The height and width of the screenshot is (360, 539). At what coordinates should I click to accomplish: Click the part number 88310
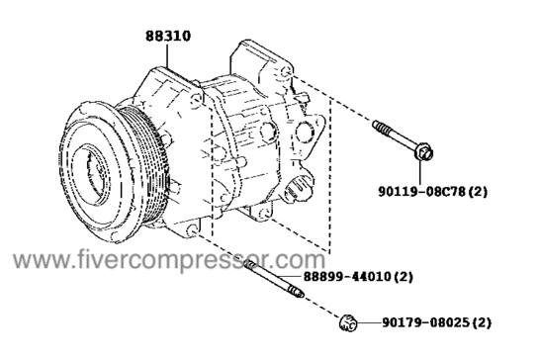click(168, 37)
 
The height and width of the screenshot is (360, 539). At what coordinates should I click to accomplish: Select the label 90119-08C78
click(421, 192)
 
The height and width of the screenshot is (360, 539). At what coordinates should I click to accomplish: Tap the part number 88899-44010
click(346, 277)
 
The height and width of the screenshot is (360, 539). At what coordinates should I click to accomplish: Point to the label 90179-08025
click(425, 322)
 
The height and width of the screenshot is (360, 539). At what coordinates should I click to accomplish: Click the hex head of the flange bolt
click(424, 152)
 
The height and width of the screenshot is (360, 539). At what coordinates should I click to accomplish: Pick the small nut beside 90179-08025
click(348, 323)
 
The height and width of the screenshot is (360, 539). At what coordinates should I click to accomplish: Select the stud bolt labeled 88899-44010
click(274, 279)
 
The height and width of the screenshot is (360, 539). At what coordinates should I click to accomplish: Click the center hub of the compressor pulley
click(93, 172)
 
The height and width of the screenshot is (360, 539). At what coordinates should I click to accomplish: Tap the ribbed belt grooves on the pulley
click(151, 165)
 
